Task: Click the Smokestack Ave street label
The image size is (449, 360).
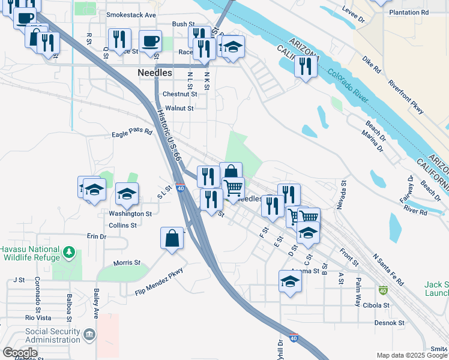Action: (131, 14)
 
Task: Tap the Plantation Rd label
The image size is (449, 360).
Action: (409, 12)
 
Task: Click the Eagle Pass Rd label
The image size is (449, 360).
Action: (132, 134)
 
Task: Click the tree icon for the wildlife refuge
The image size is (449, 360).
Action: (70, 251)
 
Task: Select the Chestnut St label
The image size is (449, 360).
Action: (179, 94)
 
